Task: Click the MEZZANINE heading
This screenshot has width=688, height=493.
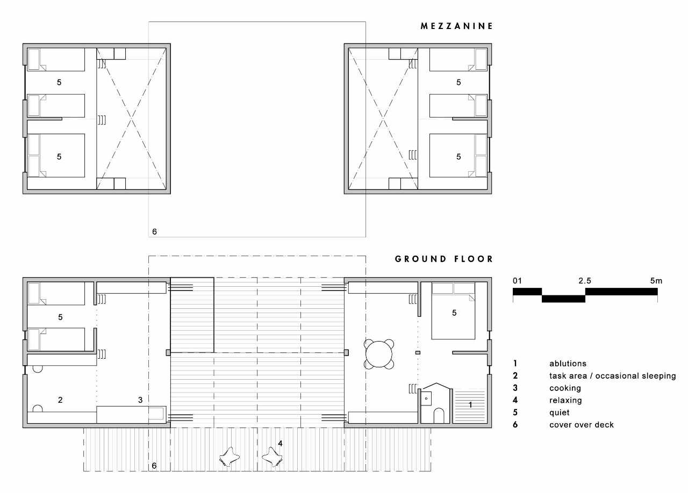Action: coord(456,26)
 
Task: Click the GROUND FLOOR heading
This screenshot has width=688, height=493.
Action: coord(444,259)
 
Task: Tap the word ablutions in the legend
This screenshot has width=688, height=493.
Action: coord(568,364)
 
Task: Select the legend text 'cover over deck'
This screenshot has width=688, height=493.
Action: coord(582,425)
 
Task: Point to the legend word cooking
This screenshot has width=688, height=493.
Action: coord(565,388)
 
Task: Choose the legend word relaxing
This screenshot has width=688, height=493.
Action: coord(565,400)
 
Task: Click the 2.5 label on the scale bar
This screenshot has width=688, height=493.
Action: coord(585,281)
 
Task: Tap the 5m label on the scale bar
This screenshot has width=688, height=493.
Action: coord(656,281)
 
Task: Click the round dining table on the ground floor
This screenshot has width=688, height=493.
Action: coord(379,354)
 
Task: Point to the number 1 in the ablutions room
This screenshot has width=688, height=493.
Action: coord(470,405)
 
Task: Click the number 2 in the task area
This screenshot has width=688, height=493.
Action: coord(60,400)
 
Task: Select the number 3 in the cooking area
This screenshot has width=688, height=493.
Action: coord(140,400)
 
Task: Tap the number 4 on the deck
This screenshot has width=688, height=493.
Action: coord(280,443)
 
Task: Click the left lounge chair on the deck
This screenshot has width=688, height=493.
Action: coord(230,458)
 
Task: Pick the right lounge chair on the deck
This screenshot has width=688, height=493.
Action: coord(272,458)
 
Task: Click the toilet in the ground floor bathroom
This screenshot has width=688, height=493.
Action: coord(439,416)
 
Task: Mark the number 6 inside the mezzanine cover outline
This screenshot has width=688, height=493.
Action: coord(154,232)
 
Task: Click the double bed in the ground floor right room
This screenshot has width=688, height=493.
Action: coord(453,310)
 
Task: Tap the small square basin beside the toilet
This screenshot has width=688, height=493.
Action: coord(426,399)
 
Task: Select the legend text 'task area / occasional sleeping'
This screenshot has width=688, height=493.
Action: coord(612,376)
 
